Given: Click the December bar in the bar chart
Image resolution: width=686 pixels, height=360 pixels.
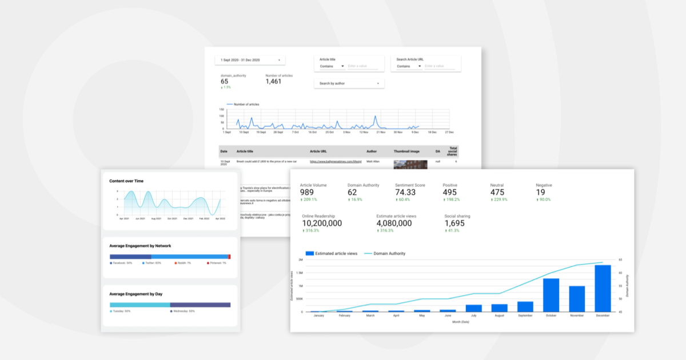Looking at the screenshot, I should tap(603, 289).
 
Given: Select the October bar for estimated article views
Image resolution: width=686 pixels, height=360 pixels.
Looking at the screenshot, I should tap(551, 295).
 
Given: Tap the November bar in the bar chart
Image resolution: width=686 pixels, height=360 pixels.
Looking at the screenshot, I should tap(577, 299).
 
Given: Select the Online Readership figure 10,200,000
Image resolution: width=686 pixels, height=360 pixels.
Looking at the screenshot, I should tap(321, 223).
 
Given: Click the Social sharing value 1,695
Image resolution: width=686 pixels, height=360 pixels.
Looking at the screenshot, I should tap(454, 223).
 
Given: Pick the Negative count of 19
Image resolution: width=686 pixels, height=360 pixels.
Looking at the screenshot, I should tap(540, 192).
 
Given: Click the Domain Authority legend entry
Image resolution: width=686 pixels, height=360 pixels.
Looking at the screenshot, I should tap(389, 253).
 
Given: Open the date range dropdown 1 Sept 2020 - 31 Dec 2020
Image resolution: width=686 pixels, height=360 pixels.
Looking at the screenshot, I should tap(250, 60).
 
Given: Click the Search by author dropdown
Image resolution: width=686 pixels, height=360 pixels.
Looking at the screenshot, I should tap(349, 83).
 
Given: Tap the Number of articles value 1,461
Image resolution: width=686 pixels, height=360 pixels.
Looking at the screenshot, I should tap(274, 82).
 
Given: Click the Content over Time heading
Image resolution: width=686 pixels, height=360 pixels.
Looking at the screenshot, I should tap(126, 181).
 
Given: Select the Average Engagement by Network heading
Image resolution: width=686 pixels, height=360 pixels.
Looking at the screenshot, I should tap(140, 246).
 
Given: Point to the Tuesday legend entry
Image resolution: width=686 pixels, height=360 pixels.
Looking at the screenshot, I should tap(121, 311).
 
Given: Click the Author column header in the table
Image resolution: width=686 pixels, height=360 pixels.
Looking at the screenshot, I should tap(372, 151).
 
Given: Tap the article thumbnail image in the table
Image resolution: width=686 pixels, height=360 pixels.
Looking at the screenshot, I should tap(410, 164).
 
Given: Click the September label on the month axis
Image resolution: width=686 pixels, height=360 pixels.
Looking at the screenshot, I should tap(525, 315).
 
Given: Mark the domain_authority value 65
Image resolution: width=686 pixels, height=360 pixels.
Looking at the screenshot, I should tap(225, 81).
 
